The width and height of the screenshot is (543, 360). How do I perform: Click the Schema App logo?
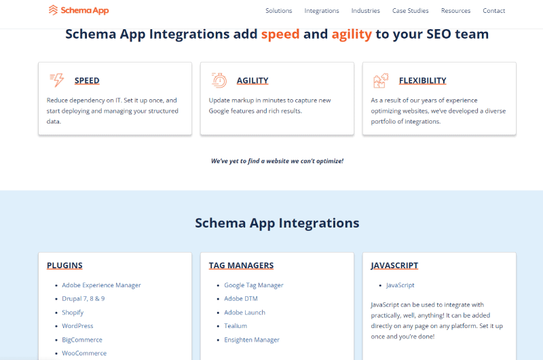click(79, 10)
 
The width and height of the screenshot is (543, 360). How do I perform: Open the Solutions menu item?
click(279, 11)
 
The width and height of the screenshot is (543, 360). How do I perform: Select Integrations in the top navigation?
click(322, 11)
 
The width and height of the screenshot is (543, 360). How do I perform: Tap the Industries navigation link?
click(366, 11)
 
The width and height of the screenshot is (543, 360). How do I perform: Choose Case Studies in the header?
click(411, 11)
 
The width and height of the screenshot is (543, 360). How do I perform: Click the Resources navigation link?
click(455, 11)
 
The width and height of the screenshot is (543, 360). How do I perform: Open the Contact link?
click(494, 11)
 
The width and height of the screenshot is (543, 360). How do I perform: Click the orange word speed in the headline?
click(280, 35)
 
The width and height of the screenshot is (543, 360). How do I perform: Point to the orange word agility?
click(352, 35)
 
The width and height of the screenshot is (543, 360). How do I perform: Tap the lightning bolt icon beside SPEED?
click(57, 80)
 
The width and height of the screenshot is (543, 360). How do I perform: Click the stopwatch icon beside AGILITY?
click(219, 80)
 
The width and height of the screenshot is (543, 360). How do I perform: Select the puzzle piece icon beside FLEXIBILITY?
click(381, 80)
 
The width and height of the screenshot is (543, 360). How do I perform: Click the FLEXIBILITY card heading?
click(422, 80)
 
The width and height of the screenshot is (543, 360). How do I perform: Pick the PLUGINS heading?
click(64, 266)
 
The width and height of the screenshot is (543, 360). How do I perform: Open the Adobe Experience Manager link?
click(101, 285)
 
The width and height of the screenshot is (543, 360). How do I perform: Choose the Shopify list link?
click(73, 312)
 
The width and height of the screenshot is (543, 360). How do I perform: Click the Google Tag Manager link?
click(254, 285)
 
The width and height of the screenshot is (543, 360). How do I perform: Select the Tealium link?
click(236, 326)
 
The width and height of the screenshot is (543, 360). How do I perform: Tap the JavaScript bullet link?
click(400, 285)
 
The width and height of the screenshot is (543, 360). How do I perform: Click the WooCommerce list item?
click(84, 353)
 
